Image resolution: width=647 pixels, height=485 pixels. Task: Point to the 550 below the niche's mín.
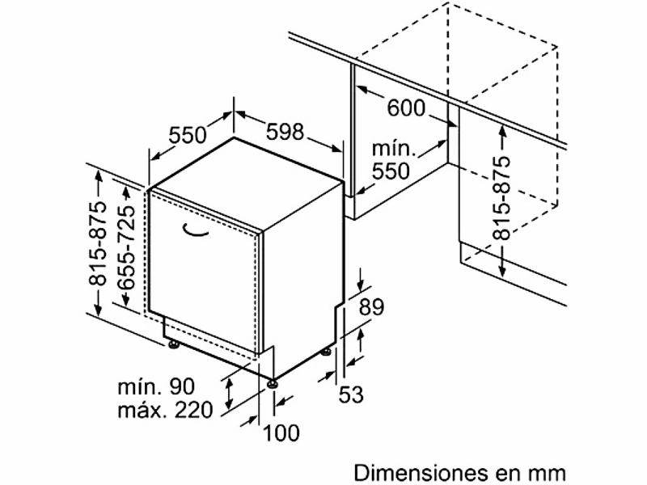(x=391, y=171)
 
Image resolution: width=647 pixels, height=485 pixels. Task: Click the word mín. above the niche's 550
(x=393, y=150)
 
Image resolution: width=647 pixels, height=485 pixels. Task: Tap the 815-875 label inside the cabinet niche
(x=503, y=198)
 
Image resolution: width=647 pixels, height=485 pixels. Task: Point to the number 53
(x=351, y=394)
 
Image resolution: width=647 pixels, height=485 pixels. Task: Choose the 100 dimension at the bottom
(x=281, y=432)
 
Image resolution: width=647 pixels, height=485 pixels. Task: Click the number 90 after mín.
(x=194, y=386)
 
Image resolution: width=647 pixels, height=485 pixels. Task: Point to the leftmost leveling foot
(x=173, y=346)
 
